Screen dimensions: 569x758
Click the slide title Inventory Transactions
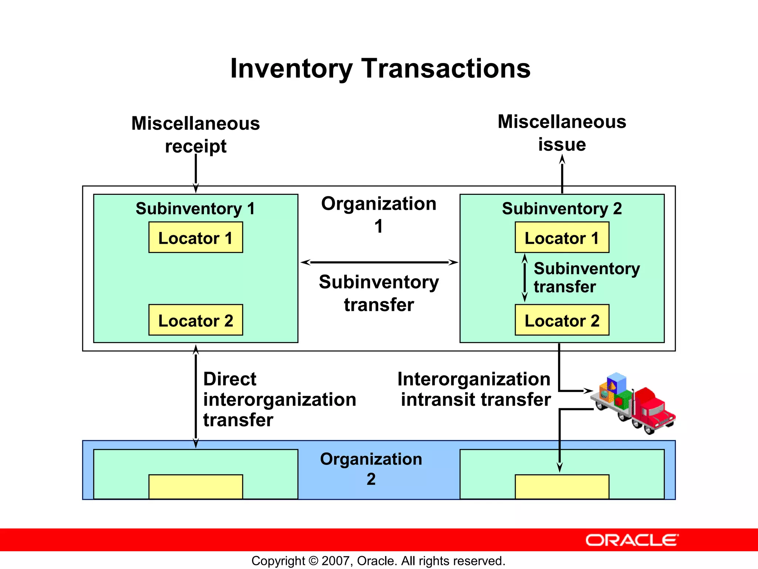[380, 69]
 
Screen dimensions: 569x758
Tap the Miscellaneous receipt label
[195, 134]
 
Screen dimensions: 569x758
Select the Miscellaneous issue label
[561, 133]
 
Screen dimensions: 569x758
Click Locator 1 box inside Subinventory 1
[195, 237]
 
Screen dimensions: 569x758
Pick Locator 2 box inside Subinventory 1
[195, 320]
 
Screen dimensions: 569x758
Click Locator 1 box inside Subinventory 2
[561, 237]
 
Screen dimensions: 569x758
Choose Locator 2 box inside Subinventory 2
[561, 320]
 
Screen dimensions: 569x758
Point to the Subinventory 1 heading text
[195, 209]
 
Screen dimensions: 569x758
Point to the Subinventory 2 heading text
[561, 209]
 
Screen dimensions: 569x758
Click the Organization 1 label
[378, 214]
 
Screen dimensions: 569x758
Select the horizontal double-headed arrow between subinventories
[379, 262]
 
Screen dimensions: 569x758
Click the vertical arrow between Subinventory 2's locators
[524, 278]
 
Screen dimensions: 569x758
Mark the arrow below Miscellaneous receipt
[196, 173]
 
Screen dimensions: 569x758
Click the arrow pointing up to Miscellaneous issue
[562, 174]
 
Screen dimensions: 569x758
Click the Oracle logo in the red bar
[632, 540]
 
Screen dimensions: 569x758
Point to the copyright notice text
[378, 561]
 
